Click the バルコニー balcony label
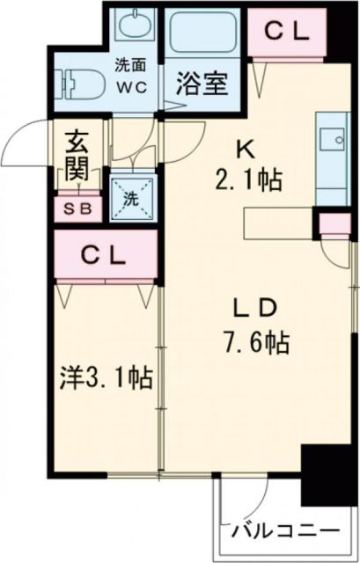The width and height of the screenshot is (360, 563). point(285,532)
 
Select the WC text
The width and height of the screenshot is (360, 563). point(133,85)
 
